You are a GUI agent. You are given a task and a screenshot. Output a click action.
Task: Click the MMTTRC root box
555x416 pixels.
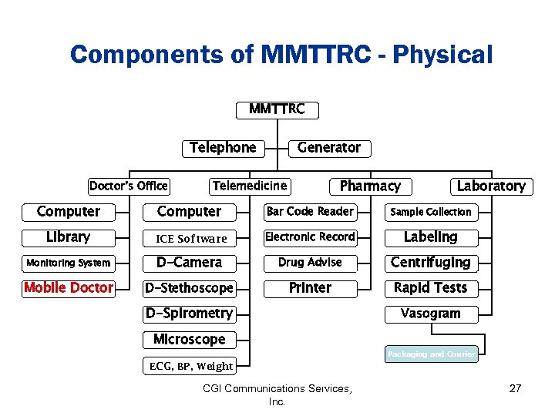pos(277,109)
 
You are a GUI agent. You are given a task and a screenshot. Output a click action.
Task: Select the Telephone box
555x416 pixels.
pos(222,148)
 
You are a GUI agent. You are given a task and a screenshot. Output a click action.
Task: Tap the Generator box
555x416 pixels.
pos(328,148)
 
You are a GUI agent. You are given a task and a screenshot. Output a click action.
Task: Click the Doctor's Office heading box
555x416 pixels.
pos(129,186)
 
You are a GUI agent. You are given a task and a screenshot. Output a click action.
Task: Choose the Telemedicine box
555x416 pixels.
pos(250,186)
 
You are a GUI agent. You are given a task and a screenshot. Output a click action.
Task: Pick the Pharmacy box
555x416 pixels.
pos(370,186)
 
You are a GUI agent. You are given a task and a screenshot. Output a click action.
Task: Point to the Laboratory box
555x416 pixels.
pos(490,186)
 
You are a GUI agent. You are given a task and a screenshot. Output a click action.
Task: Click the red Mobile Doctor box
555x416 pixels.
pos(69,288)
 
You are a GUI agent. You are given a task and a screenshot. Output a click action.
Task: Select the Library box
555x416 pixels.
pos(69,237)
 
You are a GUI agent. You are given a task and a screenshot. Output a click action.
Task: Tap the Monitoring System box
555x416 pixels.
pos(69,263)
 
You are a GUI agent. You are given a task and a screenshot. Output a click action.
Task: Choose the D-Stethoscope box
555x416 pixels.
pos(190,288)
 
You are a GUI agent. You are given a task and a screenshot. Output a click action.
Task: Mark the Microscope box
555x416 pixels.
pos(190,340)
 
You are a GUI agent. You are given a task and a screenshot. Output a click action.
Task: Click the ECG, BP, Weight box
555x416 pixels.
pos(190,366)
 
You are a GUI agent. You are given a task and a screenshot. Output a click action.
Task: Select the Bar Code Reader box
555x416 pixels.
pos(310,212)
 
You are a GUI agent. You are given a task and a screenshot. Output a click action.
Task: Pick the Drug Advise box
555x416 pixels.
pos(310,263)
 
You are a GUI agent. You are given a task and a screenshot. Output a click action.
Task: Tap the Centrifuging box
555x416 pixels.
pos(431,263)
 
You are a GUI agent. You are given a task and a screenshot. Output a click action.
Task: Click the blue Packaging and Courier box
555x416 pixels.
pos(432,354)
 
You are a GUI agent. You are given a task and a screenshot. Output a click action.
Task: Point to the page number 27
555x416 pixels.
pos(516,388)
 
